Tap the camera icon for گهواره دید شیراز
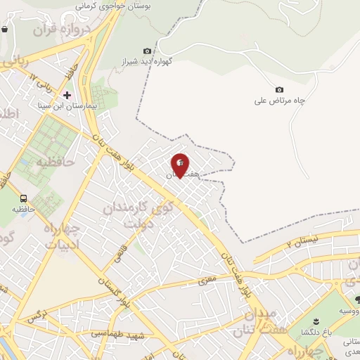[x=147, y=51]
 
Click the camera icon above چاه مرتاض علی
[x=279, y=89]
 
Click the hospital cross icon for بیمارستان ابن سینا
[x=67, y=94]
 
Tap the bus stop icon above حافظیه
[x=24, y=199]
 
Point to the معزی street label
[x=217, y=280]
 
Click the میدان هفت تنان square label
[x=262, y=320]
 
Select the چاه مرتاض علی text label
[x=281, y=101]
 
